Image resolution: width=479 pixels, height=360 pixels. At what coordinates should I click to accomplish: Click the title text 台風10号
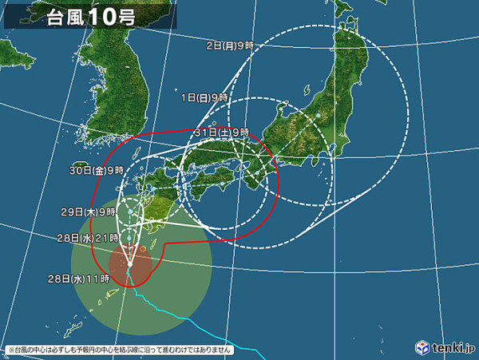(90, 17)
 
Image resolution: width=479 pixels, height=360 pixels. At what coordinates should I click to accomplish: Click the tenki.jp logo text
(451, 347)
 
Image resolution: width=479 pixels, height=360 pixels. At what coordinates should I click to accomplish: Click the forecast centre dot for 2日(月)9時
(317, 117)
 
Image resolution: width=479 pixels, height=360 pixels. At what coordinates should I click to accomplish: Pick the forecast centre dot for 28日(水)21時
(129, 237)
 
